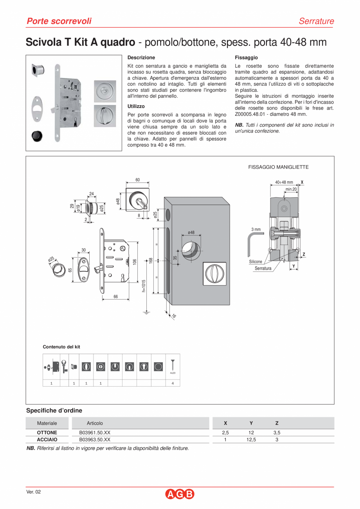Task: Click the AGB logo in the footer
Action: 180,494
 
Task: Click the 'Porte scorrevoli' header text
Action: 59,21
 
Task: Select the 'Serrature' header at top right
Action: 316,21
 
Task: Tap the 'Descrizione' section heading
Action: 141,58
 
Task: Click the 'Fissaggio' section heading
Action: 246,58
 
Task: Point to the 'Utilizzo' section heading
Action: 136,106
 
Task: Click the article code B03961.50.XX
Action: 95,433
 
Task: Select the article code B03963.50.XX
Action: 95,439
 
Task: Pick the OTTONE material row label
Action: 47,433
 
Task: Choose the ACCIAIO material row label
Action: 47,439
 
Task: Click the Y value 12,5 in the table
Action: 251,439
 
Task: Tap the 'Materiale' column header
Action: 47,423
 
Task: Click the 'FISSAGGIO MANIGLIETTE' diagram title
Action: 278,167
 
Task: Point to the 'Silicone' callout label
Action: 256,262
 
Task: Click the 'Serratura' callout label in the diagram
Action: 263,268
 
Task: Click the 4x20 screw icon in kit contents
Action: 173,366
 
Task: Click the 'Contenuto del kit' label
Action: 61,347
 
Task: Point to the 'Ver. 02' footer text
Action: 33,492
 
